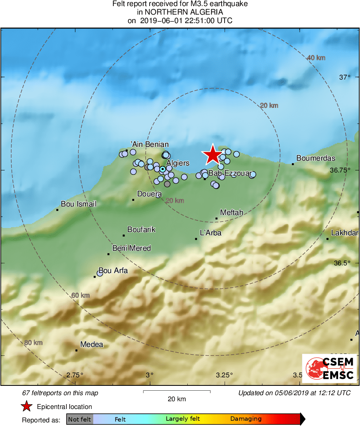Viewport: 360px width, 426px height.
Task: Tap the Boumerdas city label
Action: pyautogui.click(x=316, y=158)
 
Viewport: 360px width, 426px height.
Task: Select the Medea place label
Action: pyautogui.click(x=92, y=345)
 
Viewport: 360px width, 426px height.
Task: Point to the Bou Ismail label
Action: pyautogui.click(x=79, y=204)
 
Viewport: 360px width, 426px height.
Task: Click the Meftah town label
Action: pyautogui.click(x=231, y=213)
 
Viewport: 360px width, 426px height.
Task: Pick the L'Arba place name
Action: pyautogui.click(x=211, y=233)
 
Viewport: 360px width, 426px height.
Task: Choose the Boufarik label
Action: pyautogui.click(x=141, y=230)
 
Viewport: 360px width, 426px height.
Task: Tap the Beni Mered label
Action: pyautogui.click(x=131, y=248)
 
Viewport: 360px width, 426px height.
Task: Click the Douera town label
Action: pyautogui.click(x=150, y=194)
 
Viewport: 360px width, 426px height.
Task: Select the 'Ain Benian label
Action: pyautogui.click(x=149, y=144)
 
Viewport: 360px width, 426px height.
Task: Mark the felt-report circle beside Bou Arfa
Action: pyautogui.click(x=100, y=273)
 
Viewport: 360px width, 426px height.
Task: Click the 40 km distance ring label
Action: pyautogui.click(x=316, y=58)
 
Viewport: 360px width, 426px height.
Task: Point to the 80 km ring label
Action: pyautogui.click(x=33, y=343)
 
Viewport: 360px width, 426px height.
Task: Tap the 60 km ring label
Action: pyautogui.click(x=80, y=295)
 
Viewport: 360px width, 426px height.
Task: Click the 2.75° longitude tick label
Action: pyautogui.click(x=75, y=374)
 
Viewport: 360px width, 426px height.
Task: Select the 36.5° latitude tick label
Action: pyautogui.click(x=342, y=263)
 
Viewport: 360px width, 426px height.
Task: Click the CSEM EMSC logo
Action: pyautogui.click(x=329, y=368)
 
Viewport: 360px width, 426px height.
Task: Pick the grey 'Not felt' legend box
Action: pyautogui.click(x=80, y=419)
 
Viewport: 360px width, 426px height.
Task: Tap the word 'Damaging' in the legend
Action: pyautogui.click(x=246, y=419)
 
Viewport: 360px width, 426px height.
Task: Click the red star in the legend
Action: pyautogui.click(x=27, y=407)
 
